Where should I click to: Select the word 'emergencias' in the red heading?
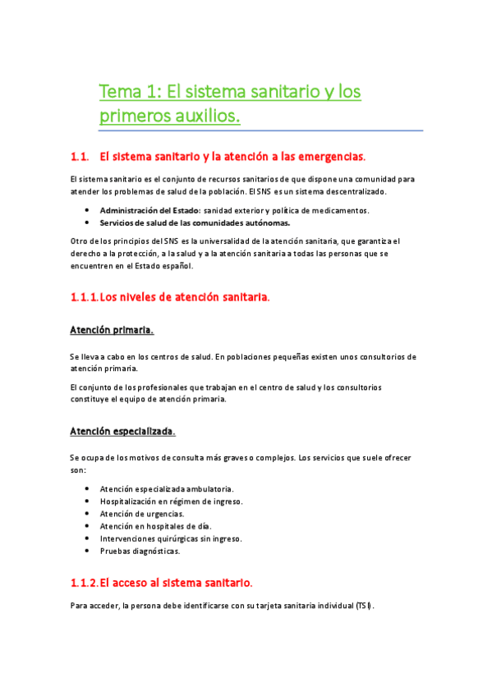[329, 156]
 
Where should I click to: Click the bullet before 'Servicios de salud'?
[88, 222]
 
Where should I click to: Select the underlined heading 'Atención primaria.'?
[112, 330]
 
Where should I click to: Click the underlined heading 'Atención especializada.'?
[122, 431]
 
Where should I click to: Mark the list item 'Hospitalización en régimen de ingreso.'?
[171, 501]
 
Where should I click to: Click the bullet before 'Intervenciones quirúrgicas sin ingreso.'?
[88, 539]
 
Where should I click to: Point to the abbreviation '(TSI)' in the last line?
[364, 607]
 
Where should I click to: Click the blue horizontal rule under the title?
[260, 130]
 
